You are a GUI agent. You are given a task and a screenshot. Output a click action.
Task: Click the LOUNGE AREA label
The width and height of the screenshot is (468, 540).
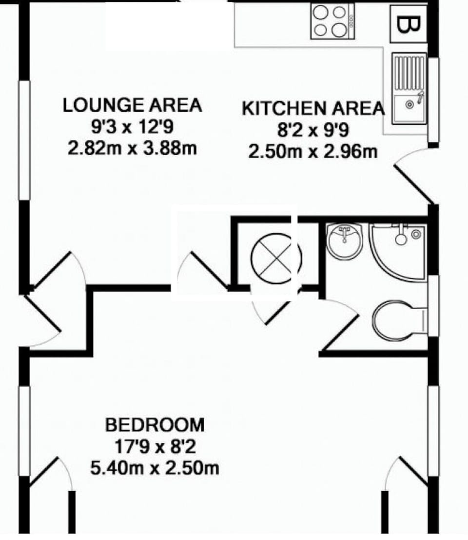pos(132,105)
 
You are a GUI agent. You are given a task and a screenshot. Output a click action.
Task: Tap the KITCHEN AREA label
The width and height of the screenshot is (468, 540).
pos(313,108)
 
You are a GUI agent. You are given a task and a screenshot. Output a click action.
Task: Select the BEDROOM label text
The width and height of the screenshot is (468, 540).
pos(155,425)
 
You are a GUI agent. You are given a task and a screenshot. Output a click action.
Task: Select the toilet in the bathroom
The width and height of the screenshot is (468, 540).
pos(397,320)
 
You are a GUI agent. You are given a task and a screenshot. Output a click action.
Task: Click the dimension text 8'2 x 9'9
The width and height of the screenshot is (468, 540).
pos(313,130)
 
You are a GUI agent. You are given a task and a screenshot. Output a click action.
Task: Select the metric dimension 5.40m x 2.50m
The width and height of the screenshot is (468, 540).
pos(155,469)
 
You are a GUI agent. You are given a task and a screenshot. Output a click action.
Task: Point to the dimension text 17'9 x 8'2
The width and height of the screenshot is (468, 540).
pos(155,447)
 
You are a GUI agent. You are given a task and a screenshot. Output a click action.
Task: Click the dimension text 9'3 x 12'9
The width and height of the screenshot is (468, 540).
pos(132,127)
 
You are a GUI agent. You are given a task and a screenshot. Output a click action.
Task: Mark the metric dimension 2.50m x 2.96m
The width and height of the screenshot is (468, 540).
pos(313,152)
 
